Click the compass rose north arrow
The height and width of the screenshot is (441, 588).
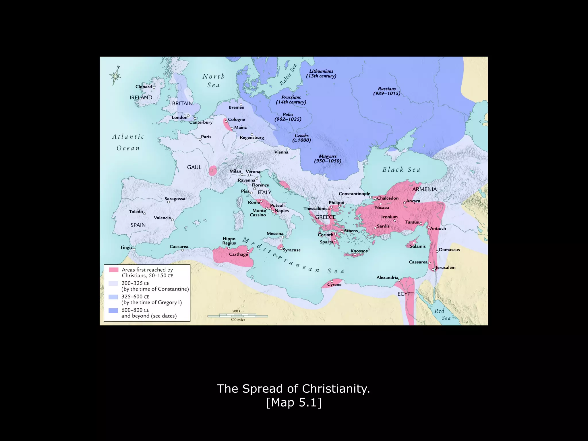click(x=116, y=76)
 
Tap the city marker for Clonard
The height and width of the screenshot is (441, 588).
click(x=154, y=88)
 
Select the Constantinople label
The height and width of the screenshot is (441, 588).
click(x=354, y=194)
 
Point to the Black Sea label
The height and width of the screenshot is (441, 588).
click(x=401, y=170)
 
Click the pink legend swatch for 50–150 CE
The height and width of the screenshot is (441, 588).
click(x=114, y=270)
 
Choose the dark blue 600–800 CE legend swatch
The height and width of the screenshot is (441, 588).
click(x=113, y=310)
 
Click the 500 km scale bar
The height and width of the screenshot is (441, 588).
click(x=237, y=316)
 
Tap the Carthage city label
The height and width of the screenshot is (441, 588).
click(x=238, y=254)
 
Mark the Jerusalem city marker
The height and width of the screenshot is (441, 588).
click(x=433, y=270)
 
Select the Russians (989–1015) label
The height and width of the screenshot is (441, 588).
click(x=386, y=91)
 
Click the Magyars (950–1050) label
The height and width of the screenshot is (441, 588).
click(x=328, y=158)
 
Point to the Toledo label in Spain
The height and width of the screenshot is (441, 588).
click(x=136, y=212)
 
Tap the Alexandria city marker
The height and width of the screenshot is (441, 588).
click(x=399, y=280)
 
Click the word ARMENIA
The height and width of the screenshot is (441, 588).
click(x=424, y=189)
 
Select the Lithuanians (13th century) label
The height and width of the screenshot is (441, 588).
click(x=321, y=73)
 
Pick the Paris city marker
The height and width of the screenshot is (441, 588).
click(x=200, y=140)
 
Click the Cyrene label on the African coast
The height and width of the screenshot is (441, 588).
click(x=334, y=285)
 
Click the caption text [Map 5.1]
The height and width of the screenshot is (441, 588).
click(x=294, y=403)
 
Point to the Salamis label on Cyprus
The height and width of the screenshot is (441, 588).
click(x=418, y=246)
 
